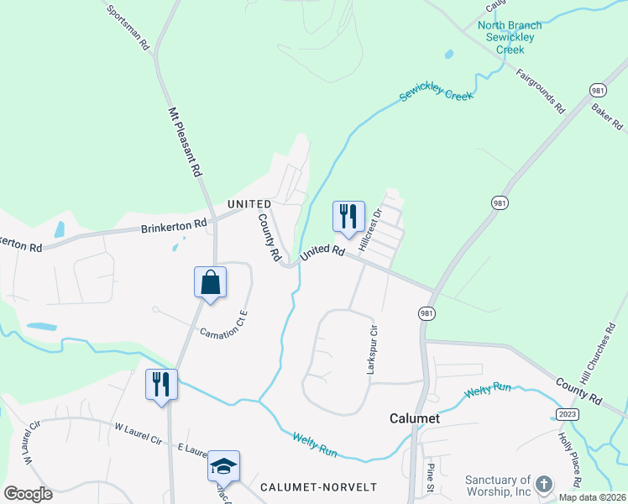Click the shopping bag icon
(x=210, y=282)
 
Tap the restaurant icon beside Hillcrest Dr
(x=347, y=217)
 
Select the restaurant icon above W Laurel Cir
(x=160, y=385)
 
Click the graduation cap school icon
(x=224, y=466)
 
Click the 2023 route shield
(x=568, y=415)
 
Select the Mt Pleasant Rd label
(x=186, y=141)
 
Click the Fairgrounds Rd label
(x=541, y=91)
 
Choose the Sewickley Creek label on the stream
(x=437, y=95)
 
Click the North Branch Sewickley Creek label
(x=510, y=37)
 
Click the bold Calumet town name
(x=416, y=417)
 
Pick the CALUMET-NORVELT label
(x=318, y=487)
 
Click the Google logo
(x=28, y=493)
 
